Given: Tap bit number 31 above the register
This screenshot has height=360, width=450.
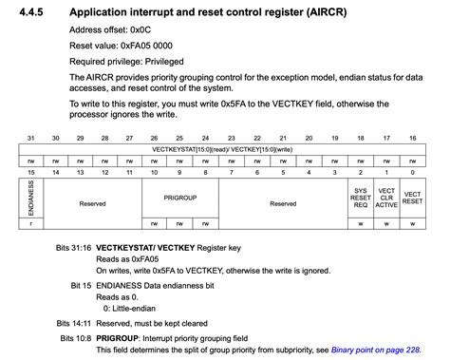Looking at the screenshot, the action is (x=31, y=139).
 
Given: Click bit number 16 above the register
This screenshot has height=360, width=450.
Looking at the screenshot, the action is (x=411, y=139).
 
